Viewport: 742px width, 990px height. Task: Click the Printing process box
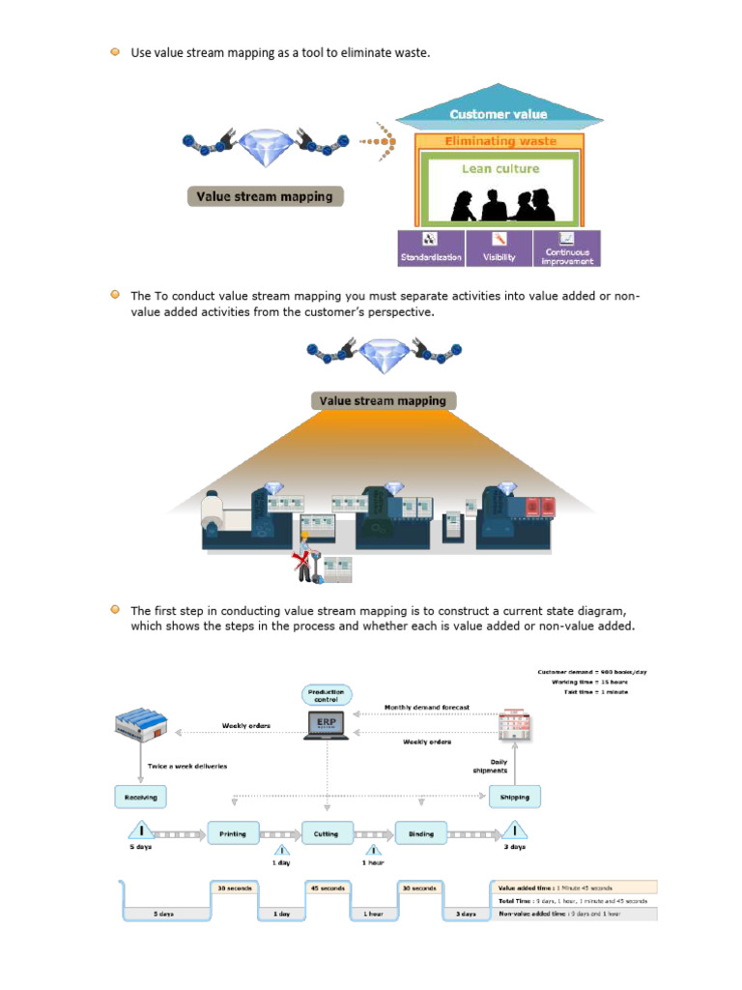point(233,833)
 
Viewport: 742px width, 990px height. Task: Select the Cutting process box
point(327,833)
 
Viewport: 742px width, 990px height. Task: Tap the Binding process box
point(421,833)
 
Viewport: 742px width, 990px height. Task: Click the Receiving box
point(141,797)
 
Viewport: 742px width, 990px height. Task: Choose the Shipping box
point(515,797)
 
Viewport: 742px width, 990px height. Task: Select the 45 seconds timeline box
point(327,888)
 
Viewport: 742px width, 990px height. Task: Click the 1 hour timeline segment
point(374,913)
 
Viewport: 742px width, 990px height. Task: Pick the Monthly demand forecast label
point(427,708)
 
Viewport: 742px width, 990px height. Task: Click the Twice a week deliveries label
point(187,766)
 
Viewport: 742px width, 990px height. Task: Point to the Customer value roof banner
point(498,114)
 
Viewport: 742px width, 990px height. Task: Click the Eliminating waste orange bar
point(499,141)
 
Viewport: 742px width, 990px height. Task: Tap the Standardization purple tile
point(431,248)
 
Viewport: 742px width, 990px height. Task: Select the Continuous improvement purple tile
point(567,248)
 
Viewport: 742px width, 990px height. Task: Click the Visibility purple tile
point(499,248)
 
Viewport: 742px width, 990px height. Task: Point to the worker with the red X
point(307,560)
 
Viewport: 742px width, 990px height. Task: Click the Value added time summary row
point(574,888)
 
